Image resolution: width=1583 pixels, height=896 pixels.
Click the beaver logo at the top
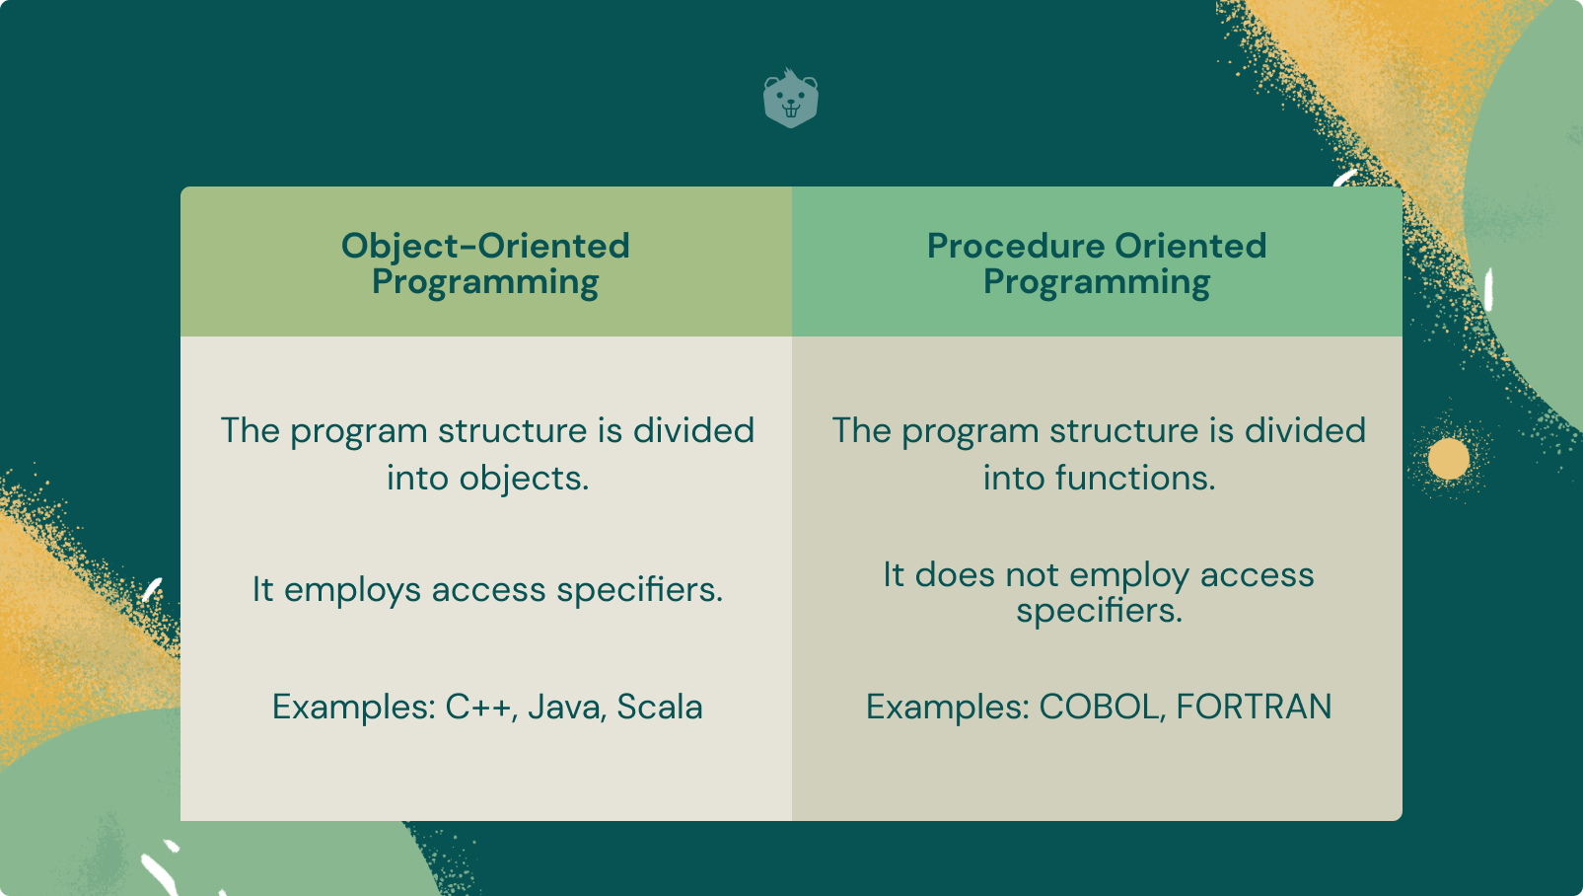[x=791, y=98]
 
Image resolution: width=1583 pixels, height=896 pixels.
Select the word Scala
[x=660, y=706]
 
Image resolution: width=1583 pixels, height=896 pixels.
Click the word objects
[x=524, y=478]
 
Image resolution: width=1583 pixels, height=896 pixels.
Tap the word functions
[x=1135, y=478]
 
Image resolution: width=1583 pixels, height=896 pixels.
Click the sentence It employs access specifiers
[x=487, y=589]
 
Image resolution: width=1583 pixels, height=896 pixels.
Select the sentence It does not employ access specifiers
[x=1099, y=593]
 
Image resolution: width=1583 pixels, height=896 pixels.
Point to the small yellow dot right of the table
[x=1449, y=458]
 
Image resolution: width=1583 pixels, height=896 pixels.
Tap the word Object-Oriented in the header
[x=485, y=246]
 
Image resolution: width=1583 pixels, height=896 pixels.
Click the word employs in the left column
[x=352, y=590]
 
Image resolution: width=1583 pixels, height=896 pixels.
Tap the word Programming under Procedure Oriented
[x=1097, y=282]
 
